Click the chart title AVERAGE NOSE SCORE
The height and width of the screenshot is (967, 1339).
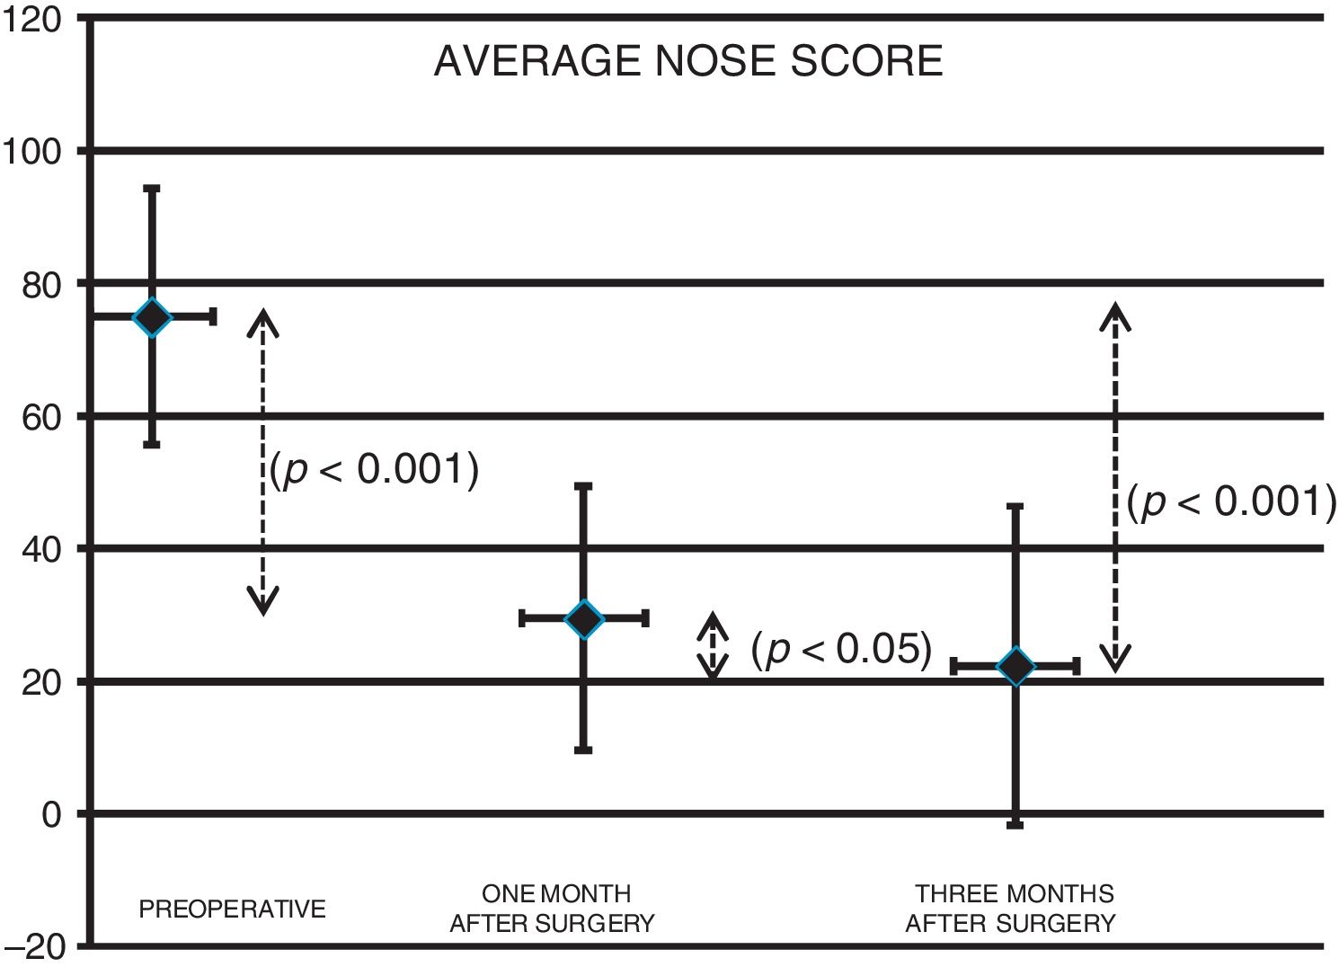click(x=688, y=61)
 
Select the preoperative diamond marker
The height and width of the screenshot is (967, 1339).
click(x=152, y=317)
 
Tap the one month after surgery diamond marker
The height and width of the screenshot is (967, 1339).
click(x=584, y=619)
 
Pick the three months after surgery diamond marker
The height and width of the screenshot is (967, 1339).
click(x=1016, y=667)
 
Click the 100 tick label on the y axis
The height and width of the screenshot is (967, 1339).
click(x=31, y=151)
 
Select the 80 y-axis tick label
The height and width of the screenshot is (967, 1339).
click(x=40, y=285)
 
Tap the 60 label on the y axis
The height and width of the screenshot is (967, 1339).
click(x=40, y=417)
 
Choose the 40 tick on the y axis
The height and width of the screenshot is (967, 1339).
click(x=40, y=549)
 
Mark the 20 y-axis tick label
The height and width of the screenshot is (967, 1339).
click(x=40, y=682)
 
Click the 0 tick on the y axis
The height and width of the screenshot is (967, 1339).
click(x=50, y=814)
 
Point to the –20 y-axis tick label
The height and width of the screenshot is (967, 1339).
click(x=33, y=947)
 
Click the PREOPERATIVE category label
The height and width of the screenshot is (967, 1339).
click(x=232, y=909)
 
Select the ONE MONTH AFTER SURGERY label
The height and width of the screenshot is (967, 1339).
click(x=553, y=909)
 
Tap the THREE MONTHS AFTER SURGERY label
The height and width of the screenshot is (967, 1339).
click(x=1011, y=909)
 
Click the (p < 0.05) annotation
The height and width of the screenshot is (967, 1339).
click(x=841, y=649)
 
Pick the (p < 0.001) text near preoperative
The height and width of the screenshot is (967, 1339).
click(x=374, y=469)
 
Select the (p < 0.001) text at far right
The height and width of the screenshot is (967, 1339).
click(x=1231, y=501)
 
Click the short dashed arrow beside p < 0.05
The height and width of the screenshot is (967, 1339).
click(x=713, y=645)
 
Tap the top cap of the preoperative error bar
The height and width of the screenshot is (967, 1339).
click(x=152, y=189)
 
